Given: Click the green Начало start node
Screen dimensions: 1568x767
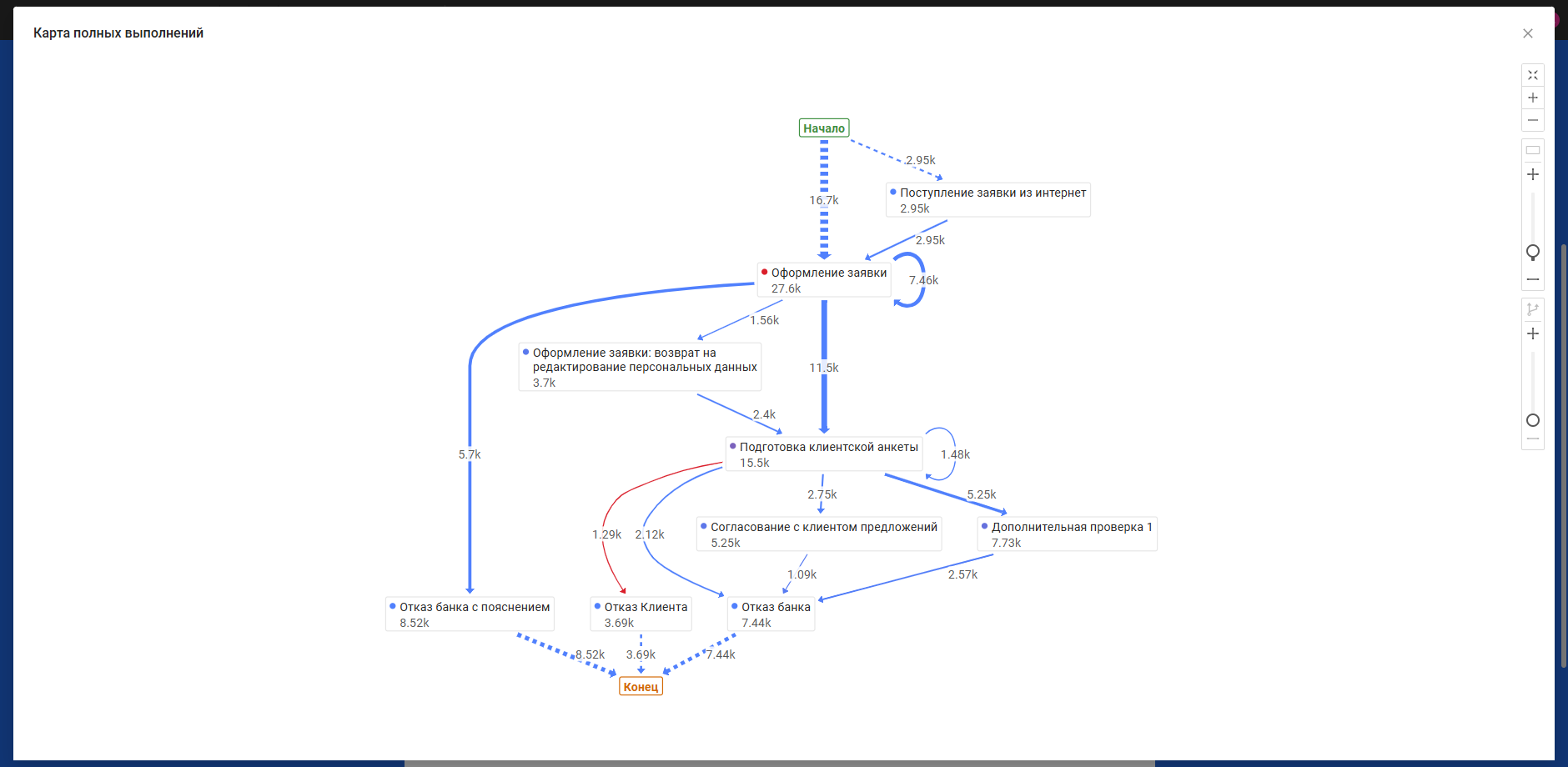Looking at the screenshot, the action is coord(824,128).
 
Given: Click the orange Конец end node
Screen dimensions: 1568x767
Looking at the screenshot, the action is coord(641,686).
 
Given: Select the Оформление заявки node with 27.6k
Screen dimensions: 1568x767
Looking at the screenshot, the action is coord(824,280).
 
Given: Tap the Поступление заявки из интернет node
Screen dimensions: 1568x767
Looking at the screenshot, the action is coord(988,200).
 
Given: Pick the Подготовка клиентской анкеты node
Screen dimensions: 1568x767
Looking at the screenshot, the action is coord(824,454).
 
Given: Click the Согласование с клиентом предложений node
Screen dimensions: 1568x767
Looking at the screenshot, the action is coord(819,534).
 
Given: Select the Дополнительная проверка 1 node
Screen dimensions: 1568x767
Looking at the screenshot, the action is coord(1068,534).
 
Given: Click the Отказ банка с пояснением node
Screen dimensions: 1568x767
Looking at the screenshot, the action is coord(470,614).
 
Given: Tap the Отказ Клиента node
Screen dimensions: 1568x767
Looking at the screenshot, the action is coord(641,614).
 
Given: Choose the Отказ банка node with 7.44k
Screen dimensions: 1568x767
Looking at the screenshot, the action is coord(771,614).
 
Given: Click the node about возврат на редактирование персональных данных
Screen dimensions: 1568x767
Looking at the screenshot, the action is coord(640,367).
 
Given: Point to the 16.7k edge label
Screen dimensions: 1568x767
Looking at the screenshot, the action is coord(824,200).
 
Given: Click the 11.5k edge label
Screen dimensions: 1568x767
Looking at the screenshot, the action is coord(824,368).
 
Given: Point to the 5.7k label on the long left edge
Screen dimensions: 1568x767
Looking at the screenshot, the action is coord(470,454).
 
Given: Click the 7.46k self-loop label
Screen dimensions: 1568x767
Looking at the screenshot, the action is coord(923,280).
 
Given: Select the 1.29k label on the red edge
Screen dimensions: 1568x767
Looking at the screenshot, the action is coord(606,534).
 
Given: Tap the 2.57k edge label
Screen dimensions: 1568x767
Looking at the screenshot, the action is coord(962,574).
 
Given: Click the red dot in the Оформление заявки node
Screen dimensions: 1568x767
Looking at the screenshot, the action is coord(764,272).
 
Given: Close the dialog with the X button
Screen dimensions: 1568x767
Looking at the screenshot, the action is coord(1528,33).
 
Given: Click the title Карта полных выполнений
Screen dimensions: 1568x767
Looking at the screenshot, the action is coord(118,33).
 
